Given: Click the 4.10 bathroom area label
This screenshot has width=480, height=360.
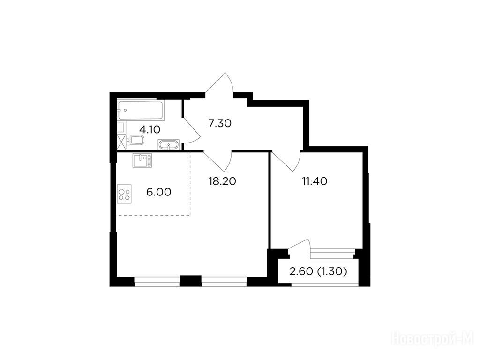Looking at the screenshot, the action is tap(150, 130).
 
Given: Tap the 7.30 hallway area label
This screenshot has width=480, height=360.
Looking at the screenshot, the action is tap(219, 124).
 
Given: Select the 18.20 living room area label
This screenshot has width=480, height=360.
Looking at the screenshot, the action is tap(222, 181).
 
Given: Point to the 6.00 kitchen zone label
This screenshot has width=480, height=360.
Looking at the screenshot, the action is tap(158, 192).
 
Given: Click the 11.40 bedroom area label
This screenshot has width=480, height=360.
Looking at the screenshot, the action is tap(315, 181).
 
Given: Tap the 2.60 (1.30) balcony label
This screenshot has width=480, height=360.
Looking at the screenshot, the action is tap(318, 271).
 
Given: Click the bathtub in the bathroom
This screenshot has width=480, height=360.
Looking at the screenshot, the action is tap(141, 110).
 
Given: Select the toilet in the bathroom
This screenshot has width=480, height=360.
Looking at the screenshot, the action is tap(135, 140).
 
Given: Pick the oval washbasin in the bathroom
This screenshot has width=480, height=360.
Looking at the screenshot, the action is tap(168, 145).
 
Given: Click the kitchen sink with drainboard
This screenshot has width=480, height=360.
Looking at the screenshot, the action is tap(142, 160).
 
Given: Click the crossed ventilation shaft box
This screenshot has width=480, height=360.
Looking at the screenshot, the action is tap(121, 141).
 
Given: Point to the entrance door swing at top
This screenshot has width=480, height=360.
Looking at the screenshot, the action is tap(219, 83).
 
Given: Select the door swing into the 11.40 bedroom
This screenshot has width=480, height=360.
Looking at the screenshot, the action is tap(286, 161).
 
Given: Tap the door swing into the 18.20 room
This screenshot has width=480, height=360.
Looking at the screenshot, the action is tap(217, 161).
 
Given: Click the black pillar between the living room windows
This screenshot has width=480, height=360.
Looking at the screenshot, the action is tap(190, 281).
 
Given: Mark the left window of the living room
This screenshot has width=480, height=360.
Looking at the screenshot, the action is tap(157, 282).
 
